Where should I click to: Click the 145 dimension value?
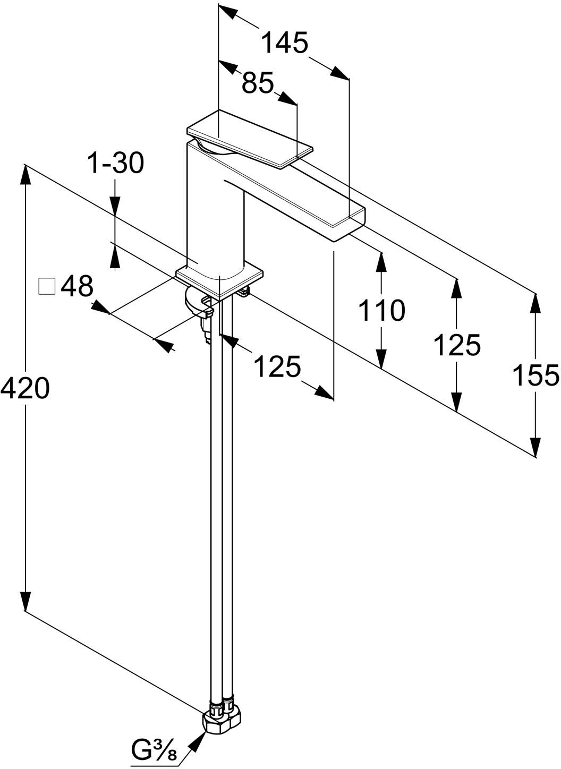(x=285, y=43)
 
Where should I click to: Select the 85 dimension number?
(x=258, y=83)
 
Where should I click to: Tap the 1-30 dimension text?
(x=116, y=163)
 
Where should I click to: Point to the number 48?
(x=77, y=286)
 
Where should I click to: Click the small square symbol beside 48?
(x=47, y=286)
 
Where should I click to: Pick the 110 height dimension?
(x=381, y=310)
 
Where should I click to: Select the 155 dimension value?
(x=536, y=375)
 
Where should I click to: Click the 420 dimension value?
(x=25, y=388)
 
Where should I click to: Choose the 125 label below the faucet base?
(x=277, y=366)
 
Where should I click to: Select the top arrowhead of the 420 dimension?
(x=25, y=177)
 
